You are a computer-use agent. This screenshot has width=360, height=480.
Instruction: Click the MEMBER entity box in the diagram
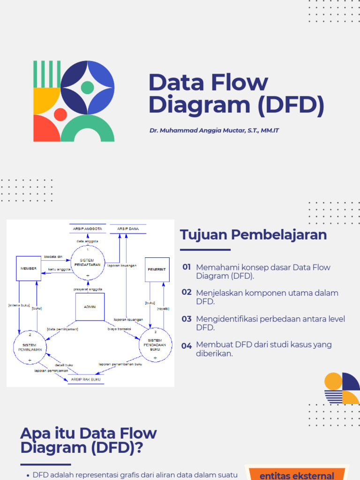click(x=28, y=268)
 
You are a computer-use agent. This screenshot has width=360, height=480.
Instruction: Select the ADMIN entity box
click(x=90, y=307)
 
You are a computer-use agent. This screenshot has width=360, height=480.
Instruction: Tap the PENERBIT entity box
click(x=157, y=270)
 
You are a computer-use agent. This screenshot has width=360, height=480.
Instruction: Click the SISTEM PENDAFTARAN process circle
click(x=87, y=262)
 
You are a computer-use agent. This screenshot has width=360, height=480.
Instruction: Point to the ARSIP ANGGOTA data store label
click(x=88, y=229)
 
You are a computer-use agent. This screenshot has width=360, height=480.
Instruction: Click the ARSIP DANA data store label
click(x=128, y=229)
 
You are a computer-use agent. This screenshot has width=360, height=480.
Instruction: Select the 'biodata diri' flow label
click(x=53, y=256)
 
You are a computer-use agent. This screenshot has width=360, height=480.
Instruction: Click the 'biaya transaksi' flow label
click(x=119, y=329)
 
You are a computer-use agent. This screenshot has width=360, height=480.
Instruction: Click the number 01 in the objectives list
click(x=187, y=267)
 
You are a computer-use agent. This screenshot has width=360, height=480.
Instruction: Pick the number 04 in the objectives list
click(x=187, y=346)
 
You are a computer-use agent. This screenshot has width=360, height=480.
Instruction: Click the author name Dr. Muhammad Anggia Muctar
click(x=214, y=130)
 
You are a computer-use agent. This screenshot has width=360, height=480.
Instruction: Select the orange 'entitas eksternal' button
click(x=297, y=475)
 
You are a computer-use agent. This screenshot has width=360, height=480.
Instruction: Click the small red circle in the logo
click(x=60, y=114)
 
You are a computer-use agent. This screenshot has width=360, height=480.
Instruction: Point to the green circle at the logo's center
click(x=87, y=87)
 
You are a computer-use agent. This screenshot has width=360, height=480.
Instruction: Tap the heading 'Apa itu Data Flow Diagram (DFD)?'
click(x=88, y=440)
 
